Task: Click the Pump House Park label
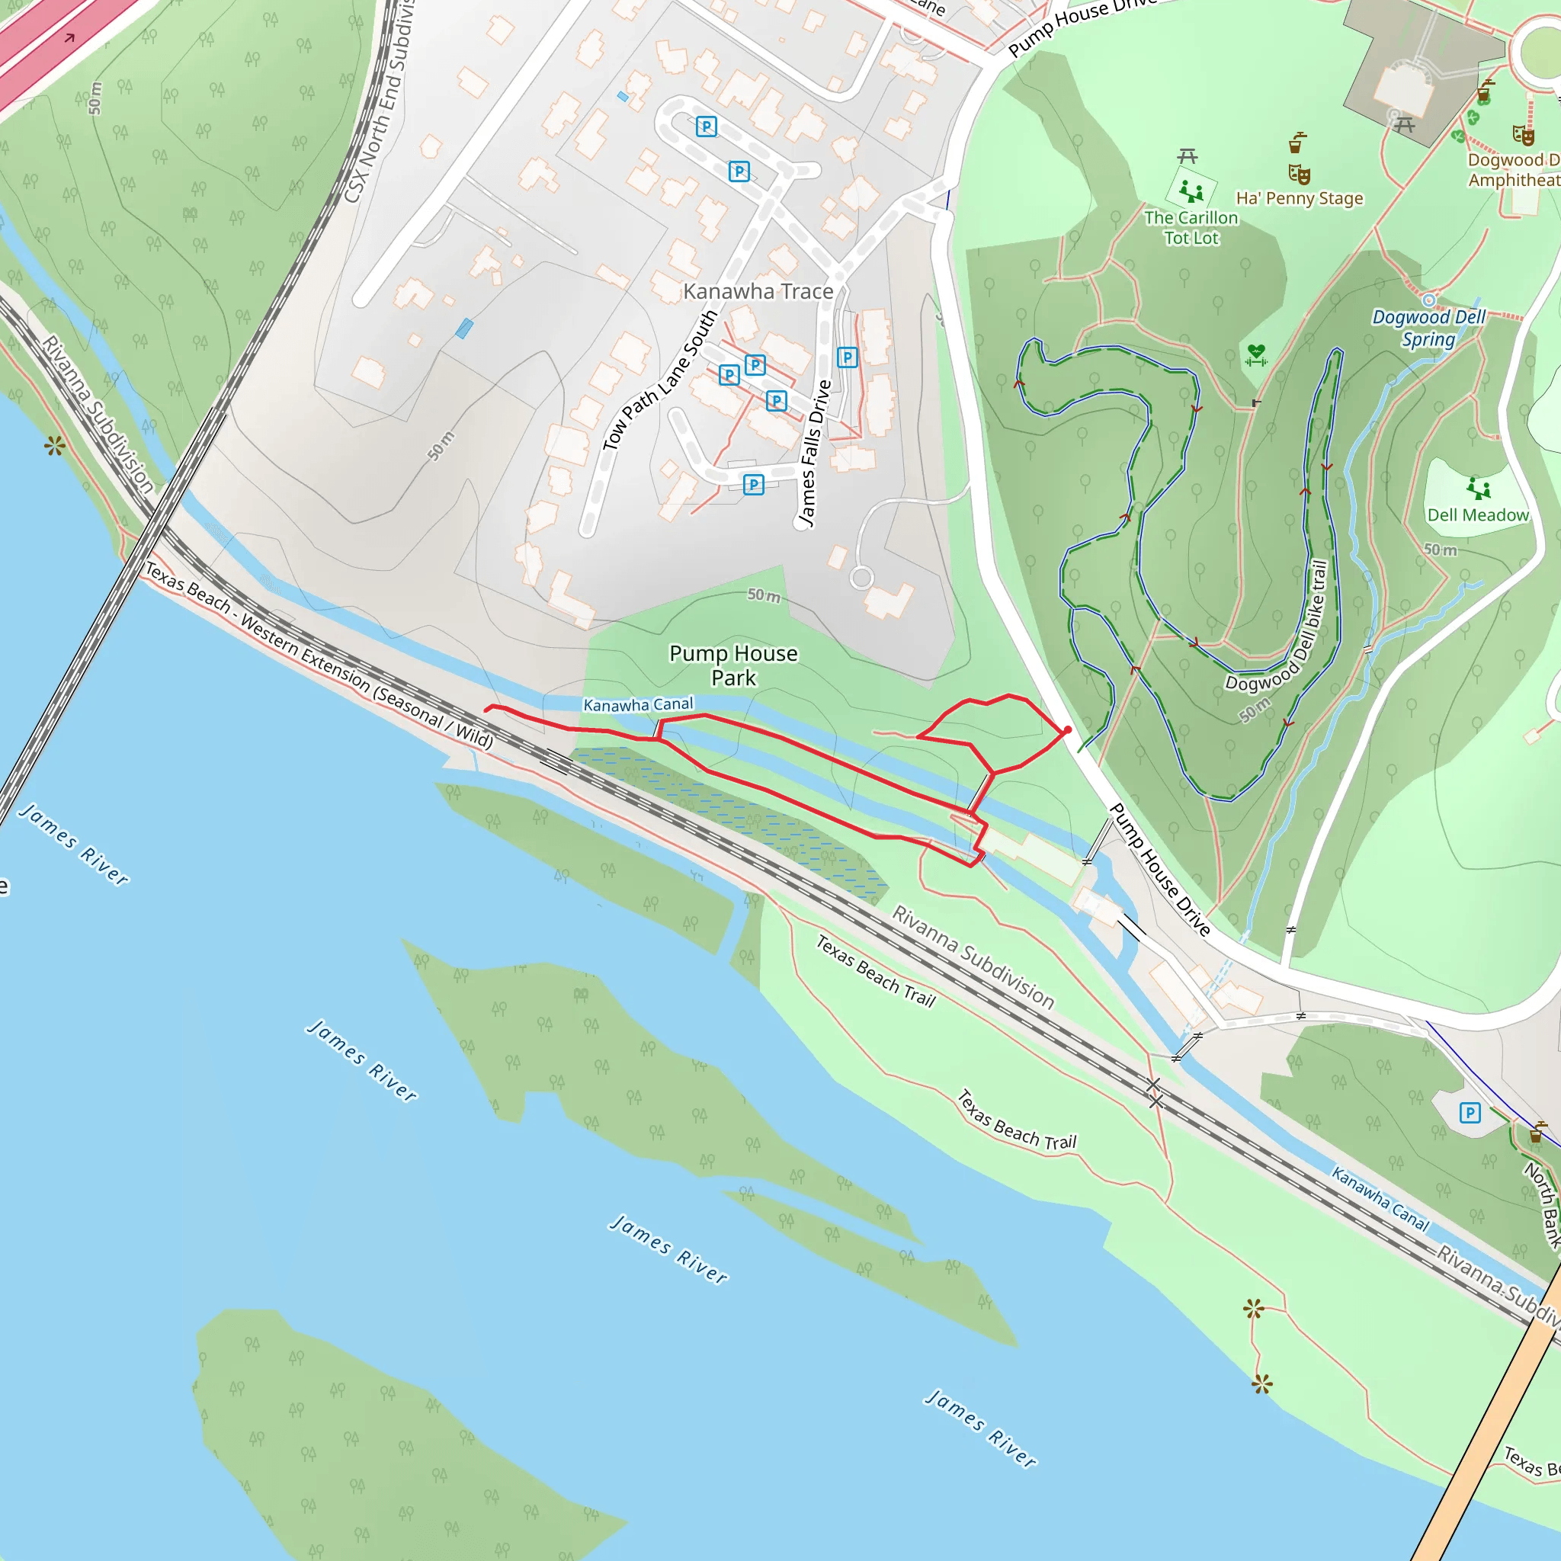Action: coord(732,665)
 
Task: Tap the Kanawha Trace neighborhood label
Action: coord(758,291)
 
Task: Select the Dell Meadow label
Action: coord(1478,514)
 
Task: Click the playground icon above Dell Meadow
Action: coord(1479,488)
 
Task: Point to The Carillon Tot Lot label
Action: coord(1191,228)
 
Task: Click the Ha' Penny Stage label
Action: coord(1300,198)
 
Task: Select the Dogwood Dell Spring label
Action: coord(1428,327)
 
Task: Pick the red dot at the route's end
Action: coord(1067,729)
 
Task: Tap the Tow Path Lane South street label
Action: coord(660,380)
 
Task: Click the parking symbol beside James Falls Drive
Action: coord(847,357)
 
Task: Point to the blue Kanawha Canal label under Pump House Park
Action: coord(637,704)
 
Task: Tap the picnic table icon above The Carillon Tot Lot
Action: coord(1187,155)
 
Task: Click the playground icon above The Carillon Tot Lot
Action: coord(1191,191)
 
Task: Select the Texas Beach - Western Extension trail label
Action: coord(319,655)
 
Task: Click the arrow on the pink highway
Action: coord(69,38)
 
